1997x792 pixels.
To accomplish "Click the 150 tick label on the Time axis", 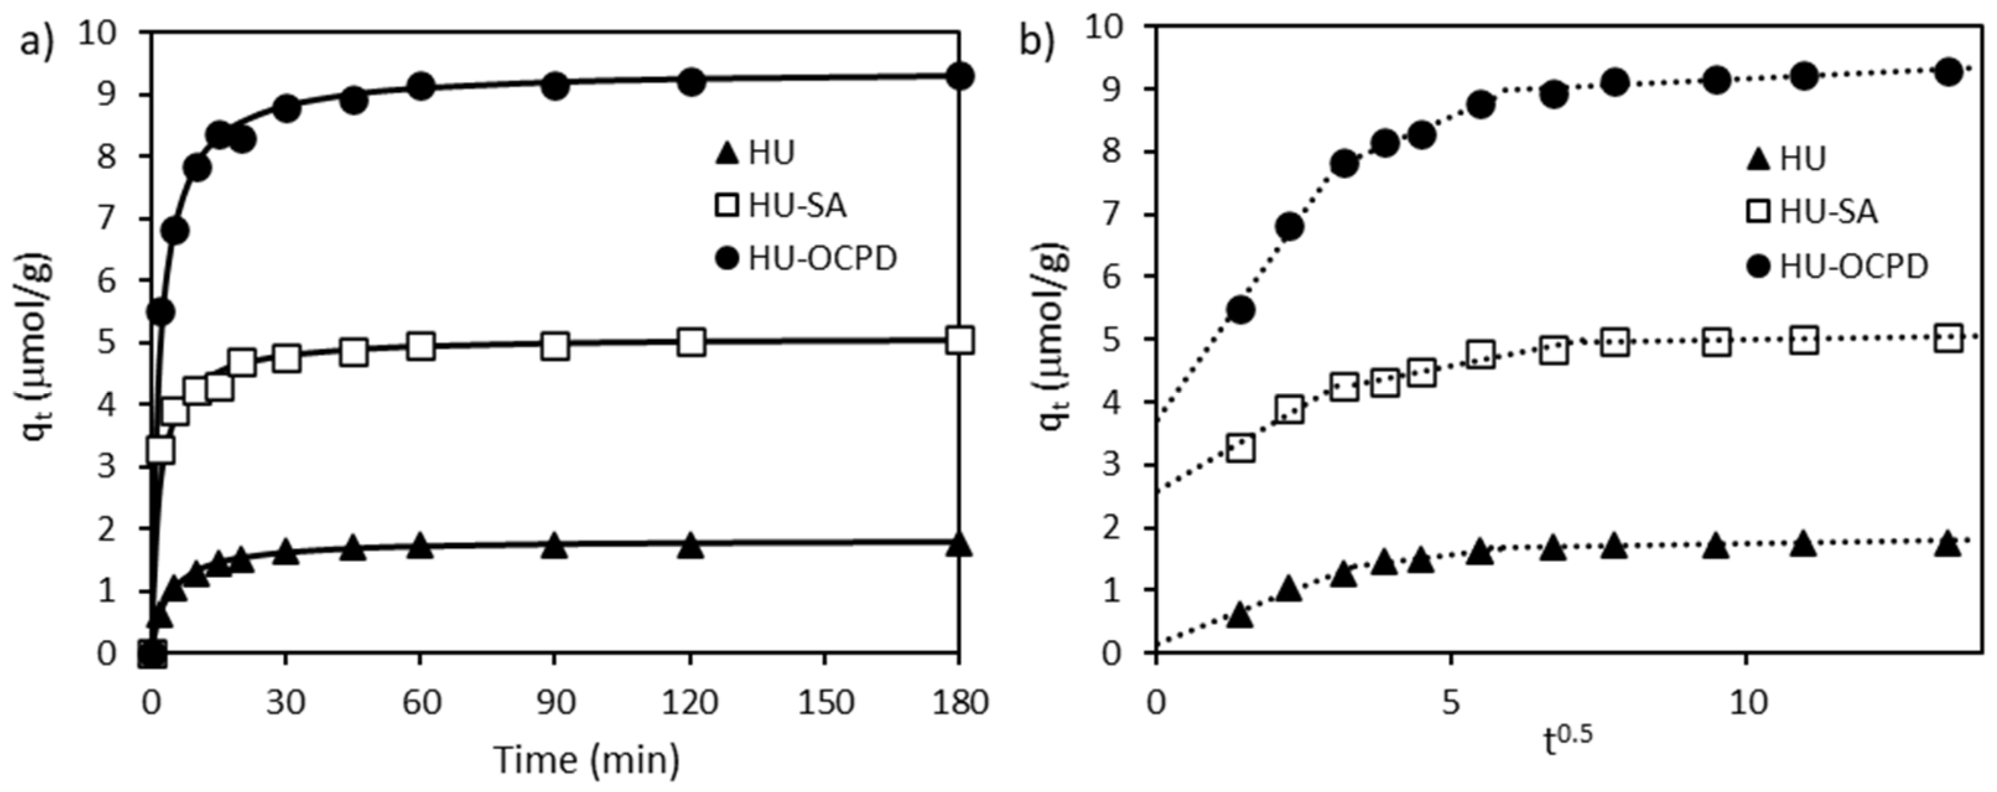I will pos(824,703).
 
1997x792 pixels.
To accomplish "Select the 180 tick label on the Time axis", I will pos(959,703).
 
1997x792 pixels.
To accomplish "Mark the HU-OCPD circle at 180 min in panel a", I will pos(960,76).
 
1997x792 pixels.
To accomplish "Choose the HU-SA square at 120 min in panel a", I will pos(690,342).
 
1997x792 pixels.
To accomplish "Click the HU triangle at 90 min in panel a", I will pos(554,546).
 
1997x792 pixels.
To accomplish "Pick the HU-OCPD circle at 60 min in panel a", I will pos(420,86).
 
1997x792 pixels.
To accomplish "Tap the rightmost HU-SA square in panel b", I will pos(1948,339).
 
